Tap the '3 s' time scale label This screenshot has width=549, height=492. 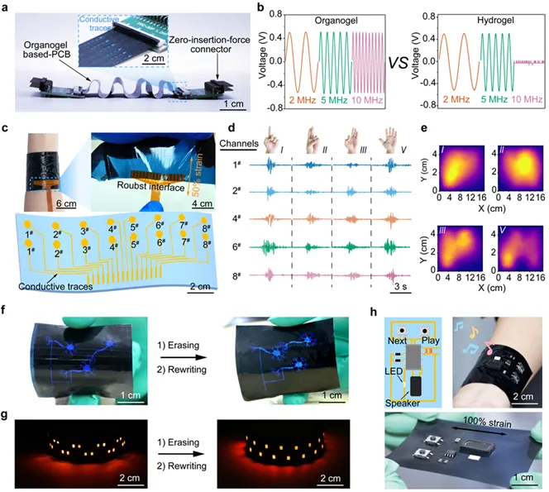[x=397, y=289]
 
